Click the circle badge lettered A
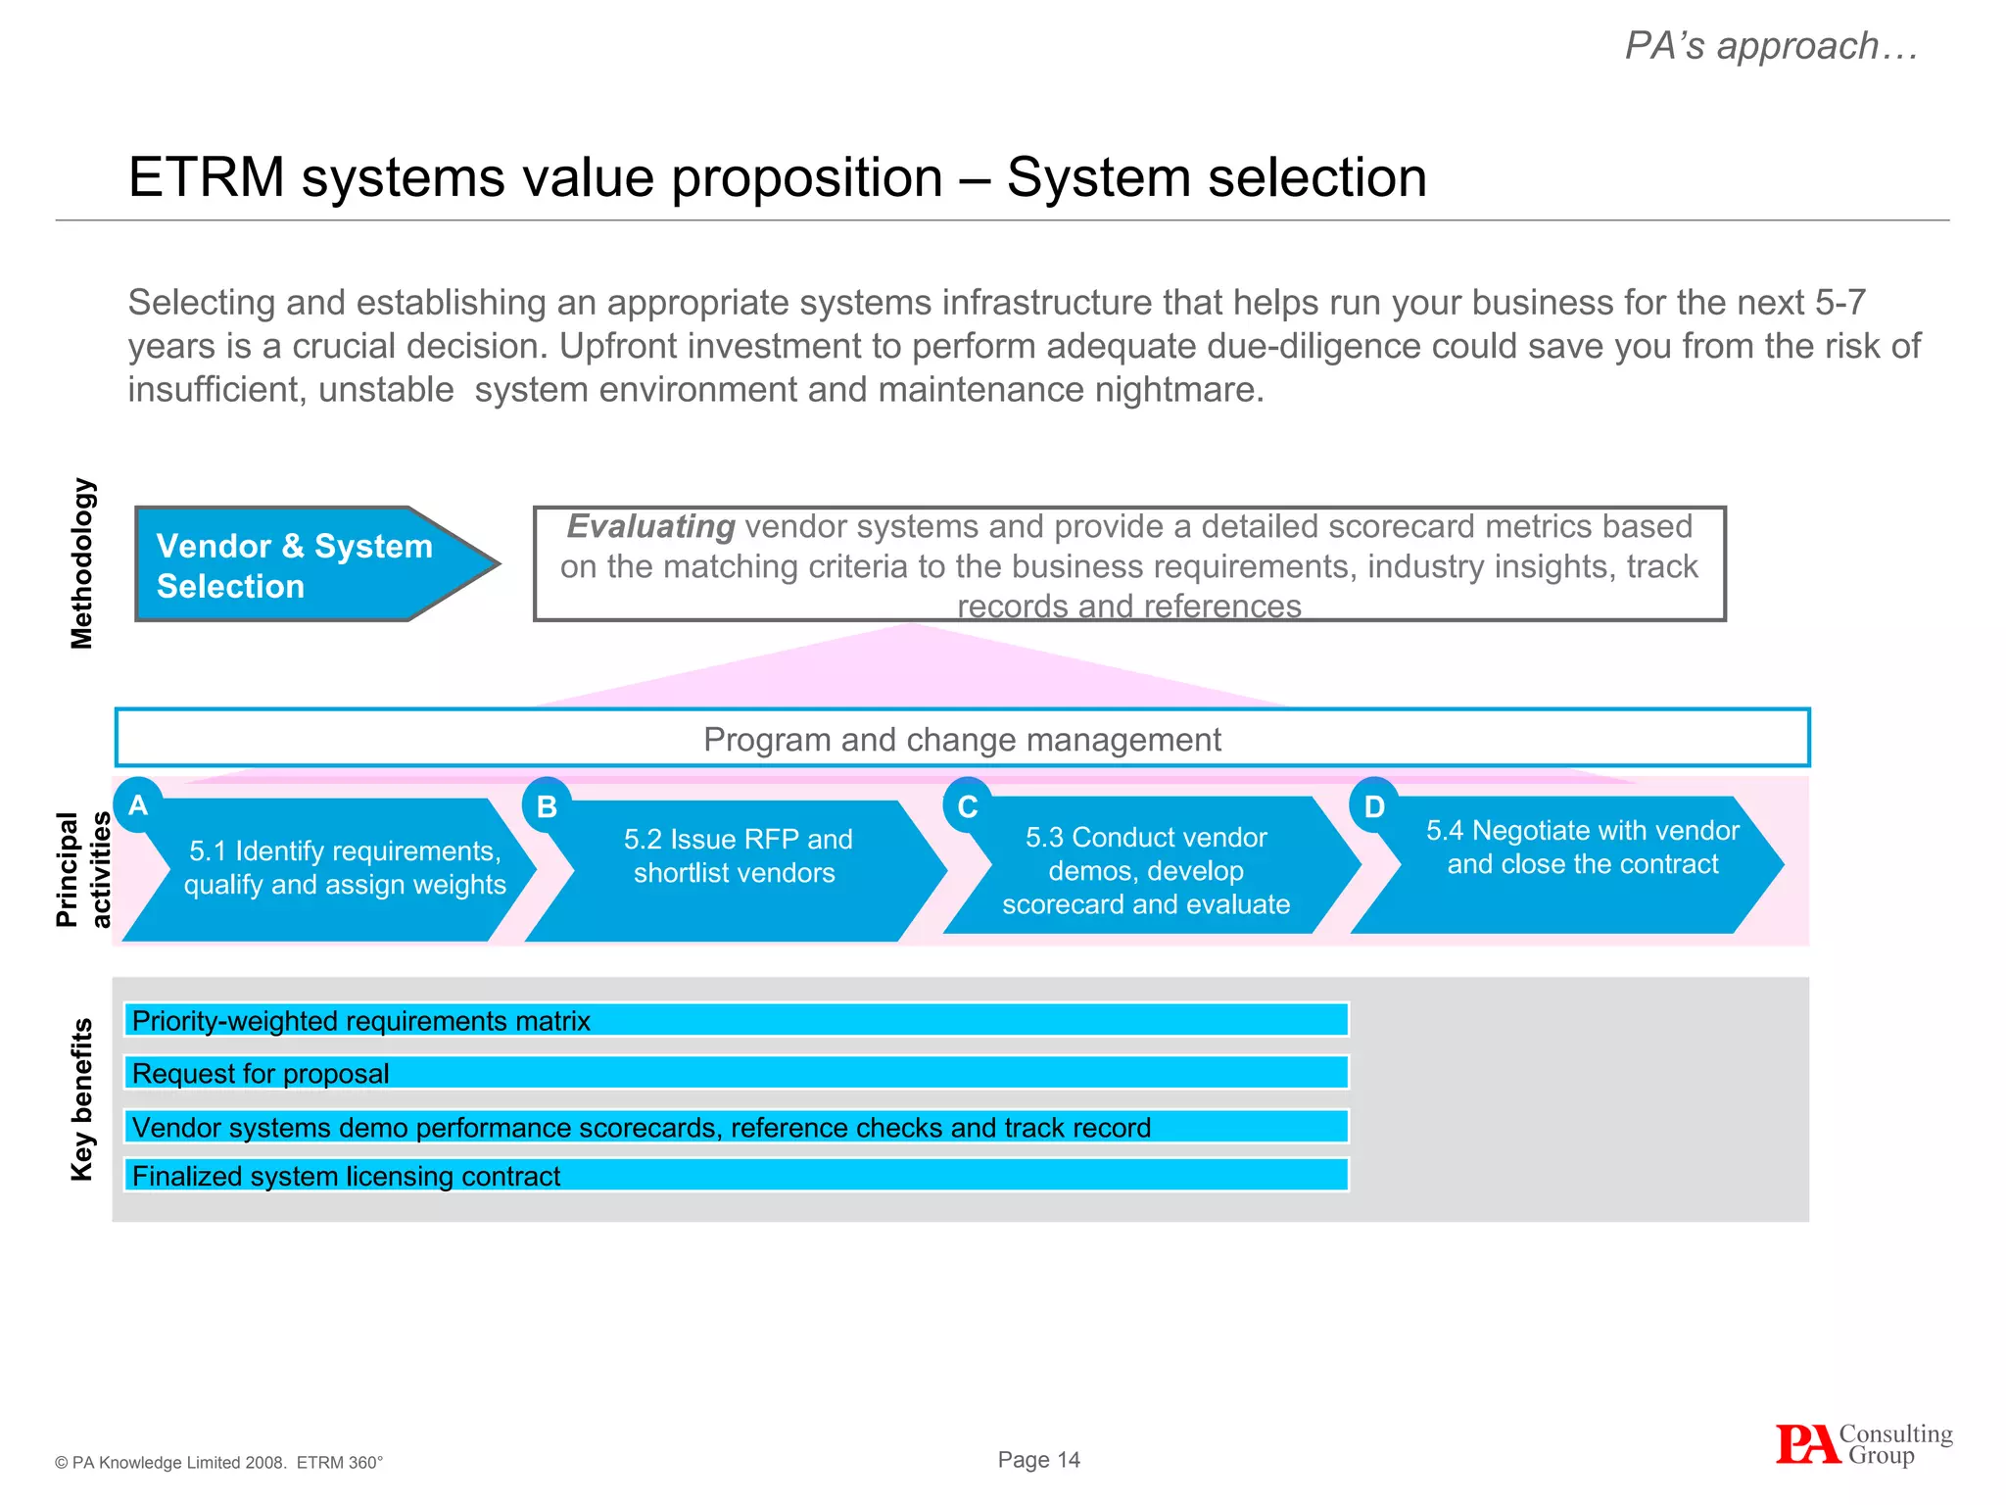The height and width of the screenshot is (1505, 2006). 138,805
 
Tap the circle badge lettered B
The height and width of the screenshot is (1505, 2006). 547,806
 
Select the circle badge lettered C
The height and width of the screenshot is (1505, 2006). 968,806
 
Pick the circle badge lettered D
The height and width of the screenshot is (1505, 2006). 1374,806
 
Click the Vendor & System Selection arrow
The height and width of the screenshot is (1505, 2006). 304,564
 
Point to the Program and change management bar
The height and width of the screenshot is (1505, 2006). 962,739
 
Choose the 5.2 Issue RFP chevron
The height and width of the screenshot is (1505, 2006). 737,867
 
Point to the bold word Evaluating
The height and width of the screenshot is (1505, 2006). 650,527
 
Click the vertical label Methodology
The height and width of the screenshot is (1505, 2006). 82,563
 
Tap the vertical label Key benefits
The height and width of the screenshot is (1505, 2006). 82,1099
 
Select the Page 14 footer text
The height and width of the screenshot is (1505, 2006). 1038,1460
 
